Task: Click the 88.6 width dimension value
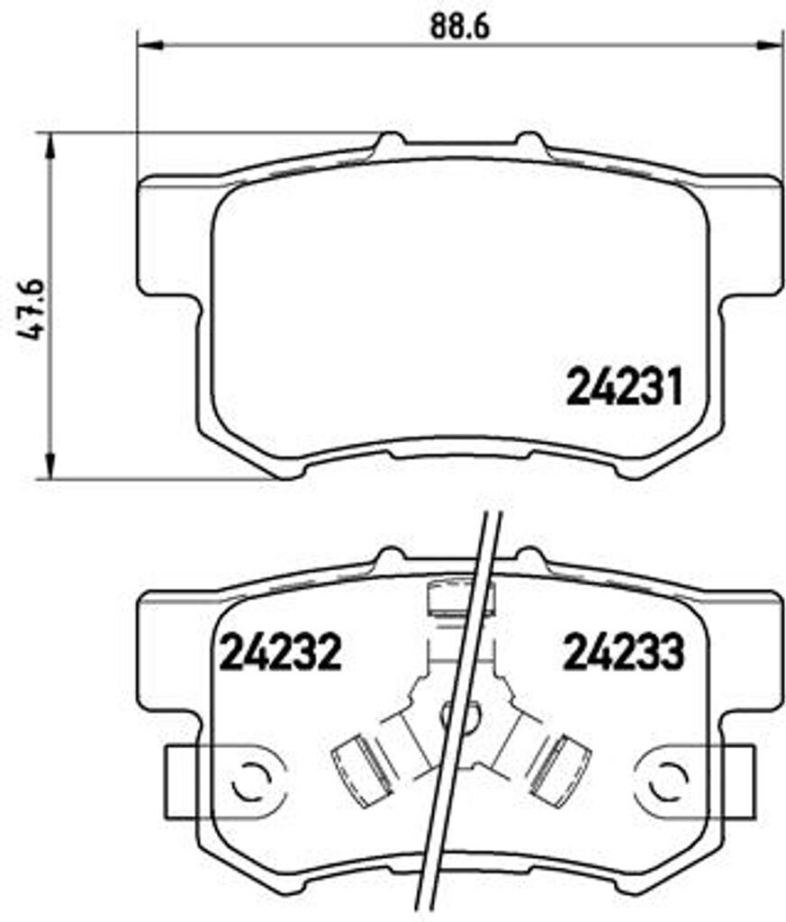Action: point(458,27)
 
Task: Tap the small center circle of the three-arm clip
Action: point(451,716)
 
